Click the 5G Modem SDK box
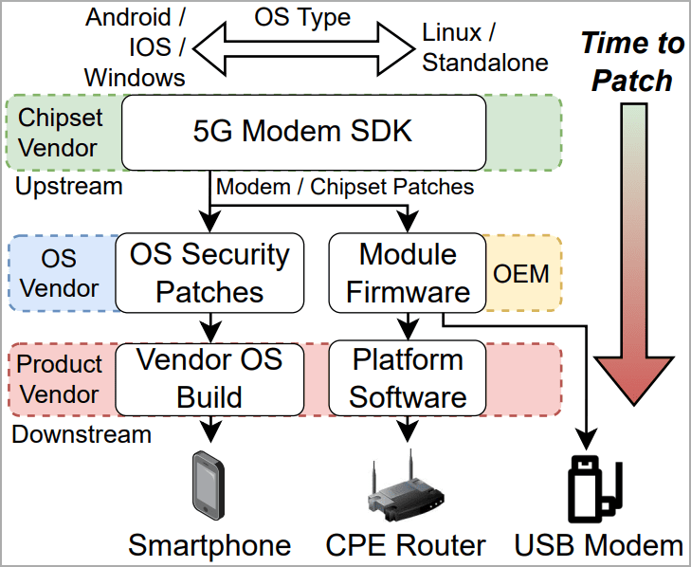coord(302,131)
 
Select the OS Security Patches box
coord(209,272)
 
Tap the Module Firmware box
coord(408,272)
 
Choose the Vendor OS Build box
coord(209,377)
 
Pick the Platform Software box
coord(408,377)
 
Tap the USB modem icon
coord(592,490)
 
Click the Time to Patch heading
coord(631,62)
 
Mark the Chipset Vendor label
coord(58,132)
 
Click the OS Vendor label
coord(59,272)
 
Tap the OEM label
coord(521,273)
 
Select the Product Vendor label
coord(60,377)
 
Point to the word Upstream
coord(69,186)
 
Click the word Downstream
coord(82,434)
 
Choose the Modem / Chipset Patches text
coord(345,186)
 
